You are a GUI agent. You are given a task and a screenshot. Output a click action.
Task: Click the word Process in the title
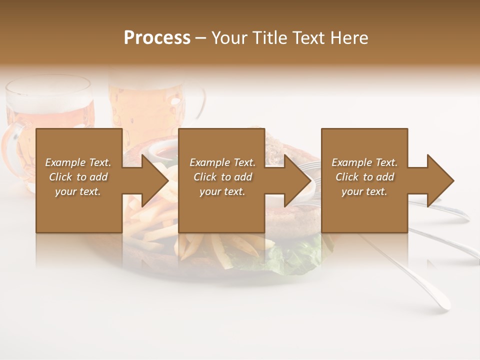157,38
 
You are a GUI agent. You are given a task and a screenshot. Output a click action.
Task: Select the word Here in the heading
349,38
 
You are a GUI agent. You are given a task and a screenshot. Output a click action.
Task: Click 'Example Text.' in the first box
78,162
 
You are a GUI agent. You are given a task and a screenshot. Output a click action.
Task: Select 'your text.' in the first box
78,191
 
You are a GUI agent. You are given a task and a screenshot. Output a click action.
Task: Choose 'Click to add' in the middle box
222,177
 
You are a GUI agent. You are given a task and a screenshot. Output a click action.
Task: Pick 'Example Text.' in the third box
364,162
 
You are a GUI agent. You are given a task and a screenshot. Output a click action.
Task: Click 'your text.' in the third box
364,191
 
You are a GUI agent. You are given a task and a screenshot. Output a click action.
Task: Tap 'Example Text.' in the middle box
222,162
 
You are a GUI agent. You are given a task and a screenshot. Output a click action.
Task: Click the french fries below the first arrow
150,220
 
